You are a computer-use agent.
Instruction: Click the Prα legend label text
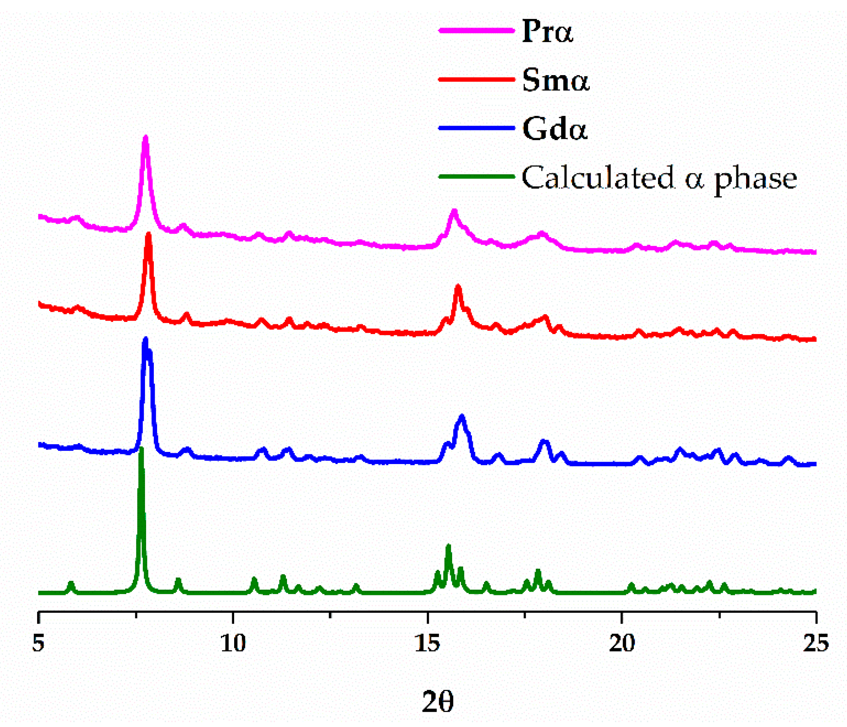[548, 31]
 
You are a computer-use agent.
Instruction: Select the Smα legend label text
[556, 80]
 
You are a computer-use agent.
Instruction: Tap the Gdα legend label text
[555, 128]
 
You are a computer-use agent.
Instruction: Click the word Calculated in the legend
[597, 177]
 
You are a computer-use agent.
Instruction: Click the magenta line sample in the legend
[476, 30]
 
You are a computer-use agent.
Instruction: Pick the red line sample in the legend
[476, 79]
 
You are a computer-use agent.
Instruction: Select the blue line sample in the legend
[476, 128]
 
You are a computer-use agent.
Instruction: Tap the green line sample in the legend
[476, 176]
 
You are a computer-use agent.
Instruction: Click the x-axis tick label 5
[38, 643]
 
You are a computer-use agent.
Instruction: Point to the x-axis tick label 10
[233, 643]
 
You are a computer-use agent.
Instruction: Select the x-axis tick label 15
[427, 643]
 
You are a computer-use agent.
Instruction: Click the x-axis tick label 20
[622, 643]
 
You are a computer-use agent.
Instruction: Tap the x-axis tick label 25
[816, 643]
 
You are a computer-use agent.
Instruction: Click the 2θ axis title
[438, 702]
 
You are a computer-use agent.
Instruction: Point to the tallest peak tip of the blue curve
[145, 339]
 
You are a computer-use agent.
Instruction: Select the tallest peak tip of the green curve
[141, 449]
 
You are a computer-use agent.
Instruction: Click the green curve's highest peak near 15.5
[448, 546]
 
